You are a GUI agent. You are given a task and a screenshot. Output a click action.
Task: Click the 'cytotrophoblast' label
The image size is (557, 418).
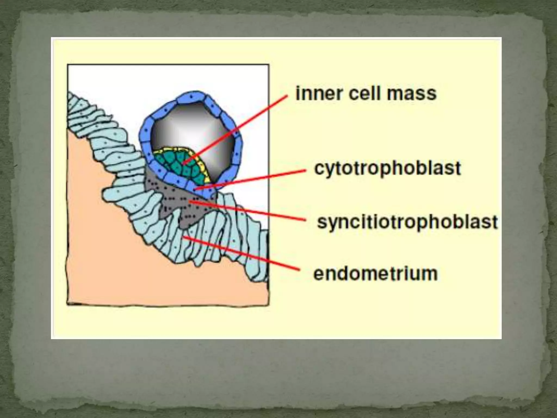388,168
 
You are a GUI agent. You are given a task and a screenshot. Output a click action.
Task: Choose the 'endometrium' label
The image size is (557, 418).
376,273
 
